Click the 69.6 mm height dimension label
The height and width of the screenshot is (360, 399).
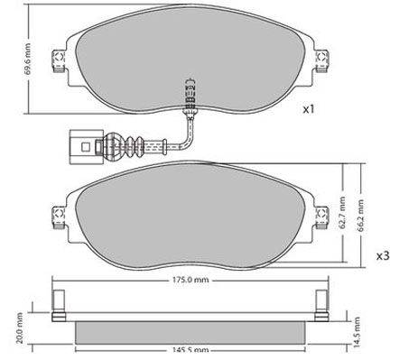coord(27,60)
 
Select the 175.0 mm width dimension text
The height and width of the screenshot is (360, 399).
coord(190,280)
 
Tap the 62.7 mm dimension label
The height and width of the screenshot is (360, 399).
coord(342,213)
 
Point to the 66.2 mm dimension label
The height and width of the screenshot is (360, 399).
coord(360,215)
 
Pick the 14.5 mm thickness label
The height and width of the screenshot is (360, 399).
coord(357,332)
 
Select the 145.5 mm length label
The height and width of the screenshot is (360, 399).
coord(190,350)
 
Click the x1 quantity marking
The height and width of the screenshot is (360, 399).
coord(309,109)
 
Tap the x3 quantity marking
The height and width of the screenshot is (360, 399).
coord(383,256)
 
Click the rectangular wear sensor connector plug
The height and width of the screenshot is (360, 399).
coord(87,147)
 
